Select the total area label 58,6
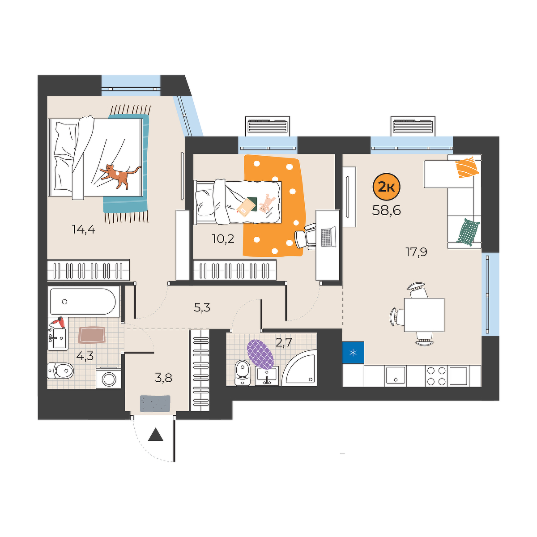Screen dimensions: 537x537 [x=386, y=209]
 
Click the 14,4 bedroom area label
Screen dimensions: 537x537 [x=84, y=230]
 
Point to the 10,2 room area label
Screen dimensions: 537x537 [x=223, y=239]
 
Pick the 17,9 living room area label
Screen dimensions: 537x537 [x=416, y=252]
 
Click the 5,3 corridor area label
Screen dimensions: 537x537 [x=202, y=307]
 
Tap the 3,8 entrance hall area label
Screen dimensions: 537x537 [x=163, y=378]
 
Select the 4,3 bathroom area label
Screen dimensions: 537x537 [x=85, y=356]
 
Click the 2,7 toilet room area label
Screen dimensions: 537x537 [x=284, y=343]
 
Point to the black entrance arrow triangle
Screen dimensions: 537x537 [x=155, y=435]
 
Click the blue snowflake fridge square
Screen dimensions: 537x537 [x=353, y=353]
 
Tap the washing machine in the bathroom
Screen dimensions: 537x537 [x=108, y=379]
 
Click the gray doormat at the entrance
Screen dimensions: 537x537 [x=155, y=403]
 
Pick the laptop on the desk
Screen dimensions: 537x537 [x=328, y=238]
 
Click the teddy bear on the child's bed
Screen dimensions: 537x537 [x=266, y=203]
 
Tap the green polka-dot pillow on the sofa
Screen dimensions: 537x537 [x=468, y=232]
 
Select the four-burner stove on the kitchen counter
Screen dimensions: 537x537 [x=436, y=376]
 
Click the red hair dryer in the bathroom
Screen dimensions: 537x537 [x=58, y=321]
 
